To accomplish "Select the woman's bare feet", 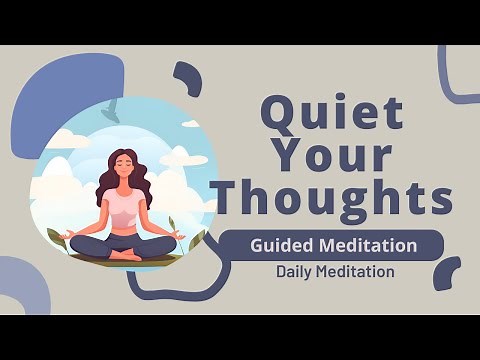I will (x=126, y=256).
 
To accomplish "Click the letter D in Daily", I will (x=281, y=271).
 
